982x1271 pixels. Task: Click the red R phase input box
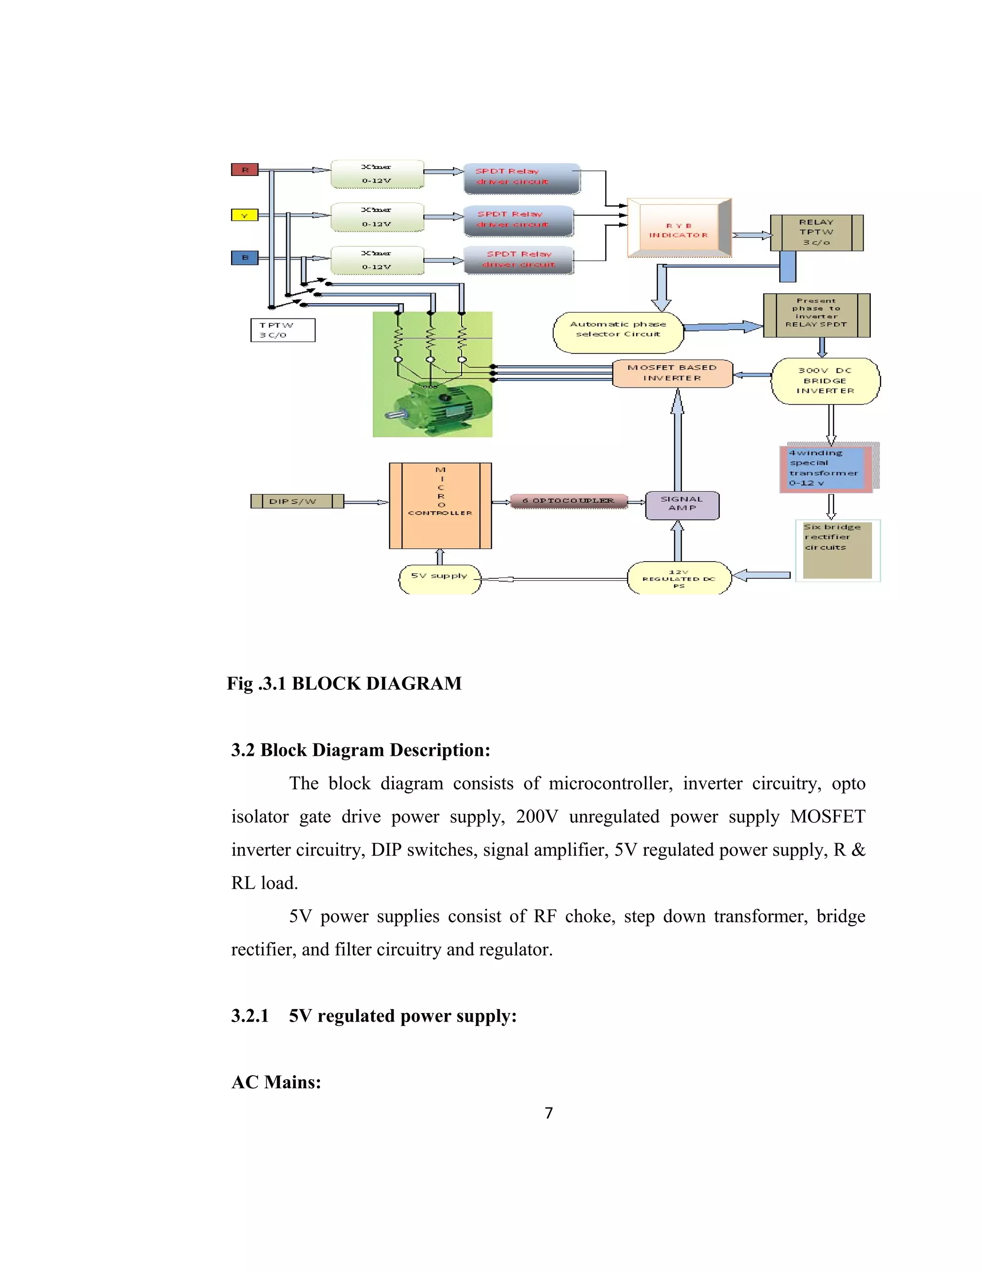pos(245,169)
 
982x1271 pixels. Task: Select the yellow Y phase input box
pos(245,215)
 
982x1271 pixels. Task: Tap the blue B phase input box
pos(245,257)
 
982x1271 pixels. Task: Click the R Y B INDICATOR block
pos(678,229)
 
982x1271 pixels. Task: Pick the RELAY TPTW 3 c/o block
pos(816,232)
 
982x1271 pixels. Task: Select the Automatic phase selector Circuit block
pos(618,332)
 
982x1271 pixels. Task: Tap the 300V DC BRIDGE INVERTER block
pos(825,381)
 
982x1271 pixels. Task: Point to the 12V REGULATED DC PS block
pos(678,578)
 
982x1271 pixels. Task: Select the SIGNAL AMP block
pos(682,504)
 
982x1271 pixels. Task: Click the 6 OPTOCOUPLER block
pos(568,500)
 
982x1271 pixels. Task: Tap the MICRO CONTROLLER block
pos(440,505)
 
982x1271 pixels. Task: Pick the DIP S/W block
pos(297,501)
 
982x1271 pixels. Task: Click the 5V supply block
pos(439,578)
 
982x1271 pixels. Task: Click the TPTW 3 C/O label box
pos(283,330)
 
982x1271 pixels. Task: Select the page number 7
pos(548,1113)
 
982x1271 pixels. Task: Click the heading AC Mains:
pos(276,1082)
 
